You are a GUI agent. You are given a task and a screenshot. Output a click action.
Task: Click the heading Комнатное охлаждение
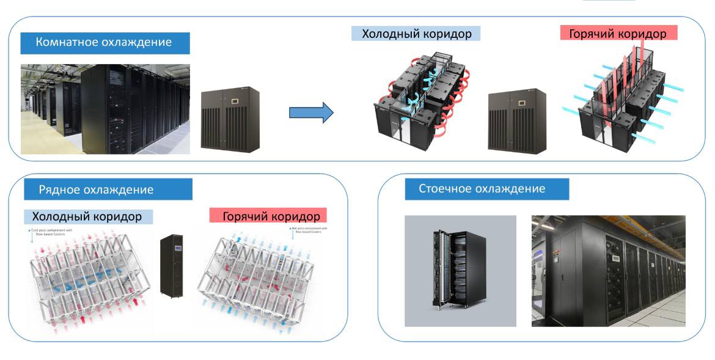pos(104,43)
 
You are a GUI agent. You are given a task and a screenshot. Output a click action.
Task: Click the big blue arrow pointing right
pos(310,112)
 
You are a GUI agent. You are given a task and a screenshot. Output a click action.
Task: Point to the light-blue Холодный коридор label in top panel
pos(416,34)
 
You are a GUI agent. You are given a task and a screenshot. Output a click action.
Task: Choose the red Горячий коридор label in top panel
pos(618,34)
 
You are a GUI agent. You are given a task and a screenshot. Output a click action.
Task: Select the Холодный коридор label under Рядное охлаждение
pos(87,217)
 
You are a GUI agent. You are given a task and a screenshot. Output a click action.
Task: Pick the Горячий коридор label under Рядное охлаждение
pos(271,216)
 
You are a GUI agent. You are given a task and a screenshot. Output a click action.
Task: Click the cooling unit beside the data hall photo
pos(230,119)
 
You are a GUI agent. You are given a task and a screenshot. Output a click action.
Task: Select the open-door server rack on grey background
pos(460,269)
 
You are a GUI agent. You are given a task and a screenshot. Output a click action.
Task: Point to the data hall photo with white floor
pos(105,109)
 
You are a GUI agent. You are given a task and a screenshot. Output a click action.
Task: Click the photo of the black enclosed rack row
pos(608,270)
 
